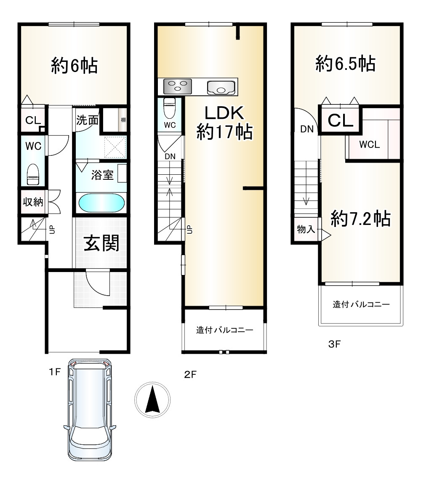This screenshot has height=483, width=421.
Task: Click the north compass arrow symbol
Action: [x=152, y=400]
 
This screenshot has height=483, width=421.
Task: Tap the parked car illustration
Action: [x=90, y=409]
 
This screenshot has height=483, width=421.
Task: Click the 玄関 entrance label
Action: [x=101, y=243]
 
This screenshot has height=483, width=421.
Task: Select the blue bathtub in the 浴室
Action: [x=101, y=203]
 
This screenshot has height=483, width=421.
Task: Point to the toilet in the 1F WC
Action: [x=33, y=174]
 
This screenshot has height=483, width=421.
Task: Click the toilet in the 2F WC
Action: [x=169, y=108]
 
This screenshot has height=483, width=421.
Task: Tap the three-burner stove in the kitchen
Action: [x=178, y=86]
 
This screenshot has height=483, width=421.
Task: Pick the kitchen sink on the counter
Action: [x=221, y=88]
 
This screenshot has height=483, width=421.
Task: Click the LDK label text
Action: [x=224, y=113]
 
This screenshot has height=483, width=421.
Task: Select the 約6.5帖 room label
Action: [x=346, y=64]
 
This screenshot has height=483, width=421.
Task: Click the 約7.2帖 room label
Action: [x=361, y=219]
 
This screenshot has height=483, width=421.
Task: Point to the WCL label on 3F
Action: [x=369, y=144]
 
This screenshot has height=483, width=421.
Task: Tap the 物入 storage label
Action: [x=306, y=229]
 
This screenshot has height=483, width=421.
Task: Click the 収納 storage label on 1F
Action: [x=33, y=202]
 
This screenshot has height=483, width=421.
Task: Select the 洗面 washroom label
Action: [x=87, y=120]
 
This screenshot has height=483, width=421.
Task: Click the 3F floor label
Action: [x=334, y=344]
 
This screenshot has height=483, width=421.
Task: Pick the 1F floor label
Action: [x=55, y=372]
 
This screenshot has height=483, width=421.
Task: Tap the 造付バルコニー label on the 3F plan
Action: [x=361, y=304]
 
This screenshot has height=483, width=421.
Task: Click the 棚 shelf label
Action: [x=123, y=120]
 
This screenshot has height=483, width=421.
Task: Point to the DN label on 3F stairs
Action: [x=307, y=129]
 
